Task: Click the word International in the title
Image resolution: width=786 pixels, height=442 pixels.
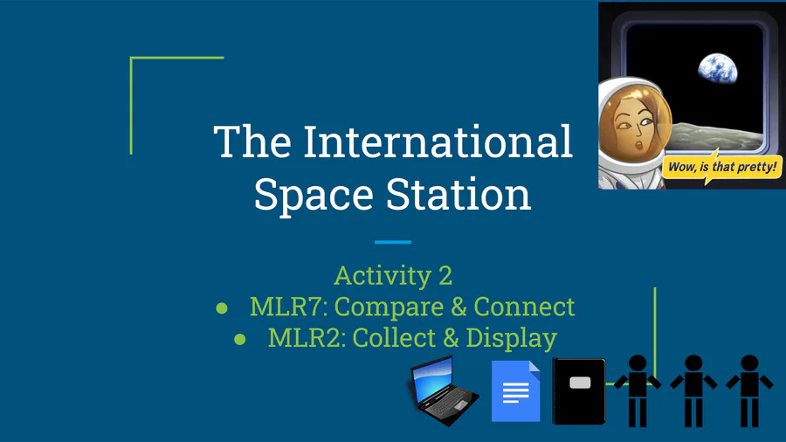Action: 438,142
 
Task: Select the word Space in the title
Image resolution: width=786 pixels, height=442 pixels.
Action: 314,196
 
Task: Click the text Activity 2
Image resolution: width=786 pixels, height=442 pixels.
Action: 393,276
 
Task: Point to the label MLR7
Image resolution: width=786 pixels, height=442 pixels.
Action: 288,307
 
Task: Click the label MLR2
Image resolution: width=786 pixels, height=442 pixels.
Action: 307,337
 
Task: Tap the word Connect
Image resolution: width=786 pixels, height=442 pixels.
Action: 524,307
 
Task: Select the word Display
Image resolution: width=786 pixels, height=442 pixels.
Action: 511,338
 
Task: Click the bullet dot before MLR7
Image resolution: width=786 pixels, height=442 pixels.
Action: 222,307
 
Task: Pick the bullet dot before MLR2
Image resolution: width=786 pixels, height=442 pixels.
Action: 240,339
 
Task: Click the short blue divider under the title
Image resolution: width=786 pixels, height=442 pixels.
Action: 393,242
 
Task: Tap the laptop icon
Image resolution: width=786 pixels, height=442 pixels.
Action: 443,390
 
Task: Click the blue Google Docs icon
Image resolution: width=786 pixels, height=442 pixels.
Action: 516,390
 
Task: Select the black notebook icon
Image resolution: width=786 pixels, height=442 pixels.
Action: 579,390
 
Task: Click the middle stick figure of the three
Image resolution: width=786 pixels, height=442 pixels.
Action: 693,390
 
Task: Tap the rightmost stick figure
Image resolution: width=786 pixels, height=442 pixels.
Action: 749,390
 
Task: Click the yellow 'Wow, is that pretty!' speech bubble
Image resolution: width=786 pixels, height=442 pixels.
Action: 722,167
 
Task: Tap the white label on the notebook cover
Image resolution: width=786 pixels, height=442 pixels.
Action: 580,383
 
